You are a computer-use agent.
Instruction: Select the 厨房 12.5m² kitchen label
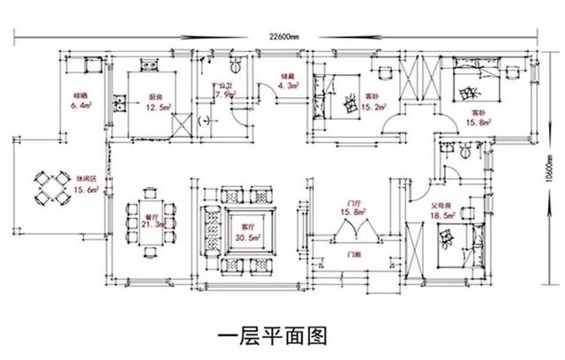coord(156,102)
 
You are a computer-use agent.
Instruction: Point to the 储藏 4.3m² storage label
coord(287,81)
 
